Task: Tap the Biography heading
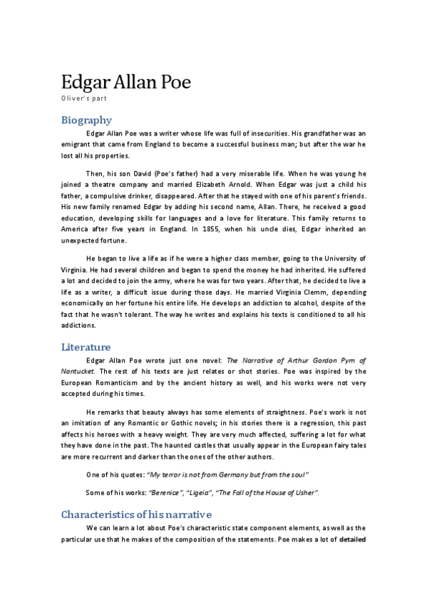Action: (x=86, y=119)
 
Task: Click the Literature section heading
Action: (x=86, y=347)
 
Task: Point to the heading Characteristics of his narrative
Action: (x=136, y=514)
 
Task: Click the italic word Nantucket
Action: (x=78, y=371)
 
